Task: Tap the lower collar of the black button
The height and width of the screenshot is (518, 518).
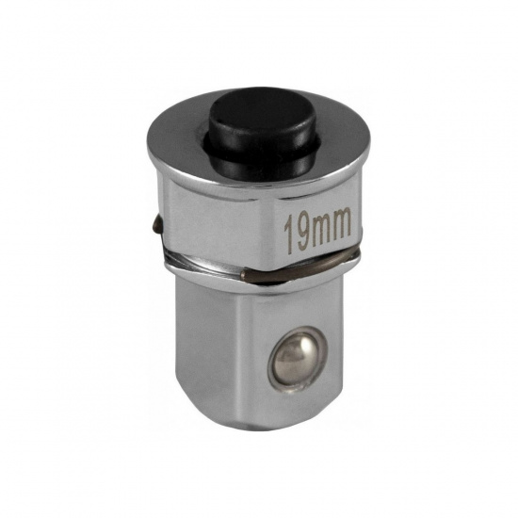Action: pyautogui.click(x=265, y=158)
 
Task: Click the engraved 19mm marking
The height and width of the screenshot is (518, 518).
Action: pyautogui.click(x=317, y=230)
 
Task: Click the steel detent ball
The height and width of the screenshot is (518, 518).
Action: pyautogui.click(x=299, y=361)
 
